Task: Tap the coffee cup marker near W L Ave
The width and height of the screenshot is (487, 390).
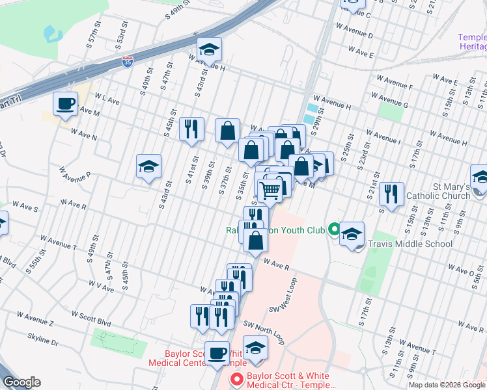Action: point(65,103)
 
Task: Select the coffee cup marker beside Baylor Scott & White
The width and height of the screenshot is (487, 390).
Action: point(217,354)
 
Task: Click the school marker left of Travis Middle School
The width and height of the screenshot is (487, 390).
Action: point(352,234)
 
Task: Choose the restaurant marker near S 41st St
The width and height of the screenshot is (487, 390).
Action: point(190,129)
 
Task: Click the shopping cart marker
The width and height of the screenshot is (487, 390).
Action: point(270,190)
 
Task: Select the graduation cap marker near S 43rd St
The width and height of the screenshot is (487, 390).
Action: point(148,167)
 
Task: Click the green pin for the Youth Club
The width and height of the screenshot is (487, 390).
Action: point(334,229)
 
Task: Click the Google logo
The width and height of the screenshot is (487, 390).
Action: point(22,382)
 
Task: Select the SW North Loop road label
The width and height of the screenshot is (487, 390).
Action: point(264,331)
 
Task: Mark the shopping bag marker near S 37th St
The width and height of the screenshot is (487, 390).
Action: point(228,131)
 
